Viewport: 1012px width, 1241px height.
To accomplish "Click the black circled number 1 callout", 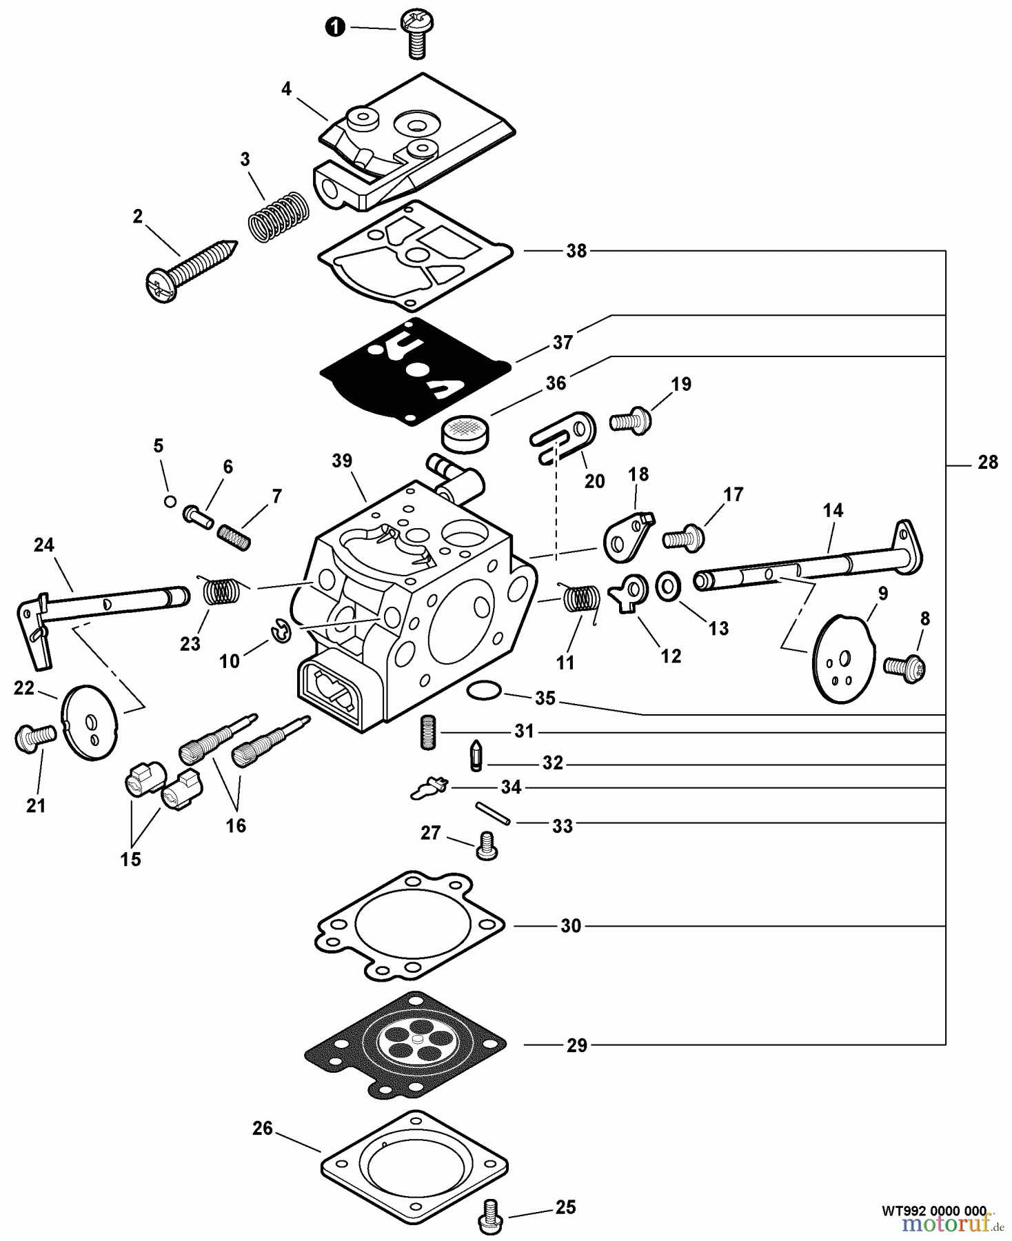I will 335,28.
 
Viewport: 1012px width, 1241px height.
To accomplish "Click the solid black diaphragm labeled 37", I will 416,372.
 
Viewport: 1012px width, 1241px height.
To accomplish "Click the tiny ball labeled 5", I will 170,501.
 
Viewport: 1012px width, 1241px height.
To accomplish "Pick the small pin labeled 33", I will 492,813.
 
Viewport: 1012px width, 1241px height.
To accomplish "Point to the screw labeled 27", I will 487,845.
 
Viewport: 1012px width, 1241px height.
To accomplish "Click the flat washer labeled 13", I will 667,586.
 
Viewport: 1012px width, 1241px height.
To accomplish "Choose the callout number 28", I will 987,463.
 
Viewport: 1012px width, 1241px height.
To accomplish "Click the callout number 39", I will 342,461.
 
